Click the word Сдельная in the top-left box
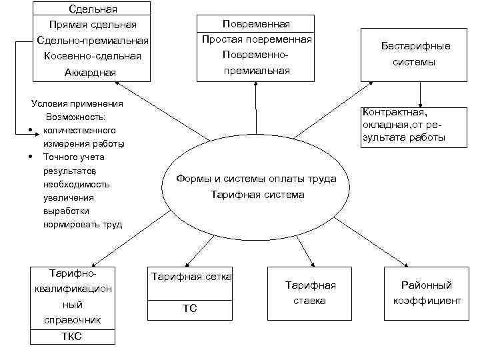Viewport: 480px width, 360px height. tap(93, 9)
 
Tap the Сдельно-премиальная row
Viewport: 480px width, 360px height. tap(93, 41)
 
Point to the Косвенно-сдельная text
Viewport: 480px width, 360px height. tap(93, 56)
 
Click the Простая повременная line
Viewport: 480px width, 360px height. tap(257, 39)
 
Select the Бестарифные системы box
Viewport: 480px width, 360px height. tap(416, 54)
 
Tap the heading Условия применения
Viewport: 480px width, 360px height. tap(77, 103)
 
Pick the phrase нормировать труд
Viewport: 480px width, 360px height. tap(83, 224)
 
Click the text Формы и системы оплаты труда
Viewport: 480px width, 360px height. tap(257, 179)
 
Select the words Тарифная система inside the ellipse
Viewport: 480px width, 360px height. tap(257, 195)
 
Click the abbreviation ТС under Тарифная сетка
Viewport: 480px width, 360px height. tap(190, 309)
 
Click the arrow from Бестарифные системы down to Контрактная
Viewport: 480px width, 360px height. tap(419, 93)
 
